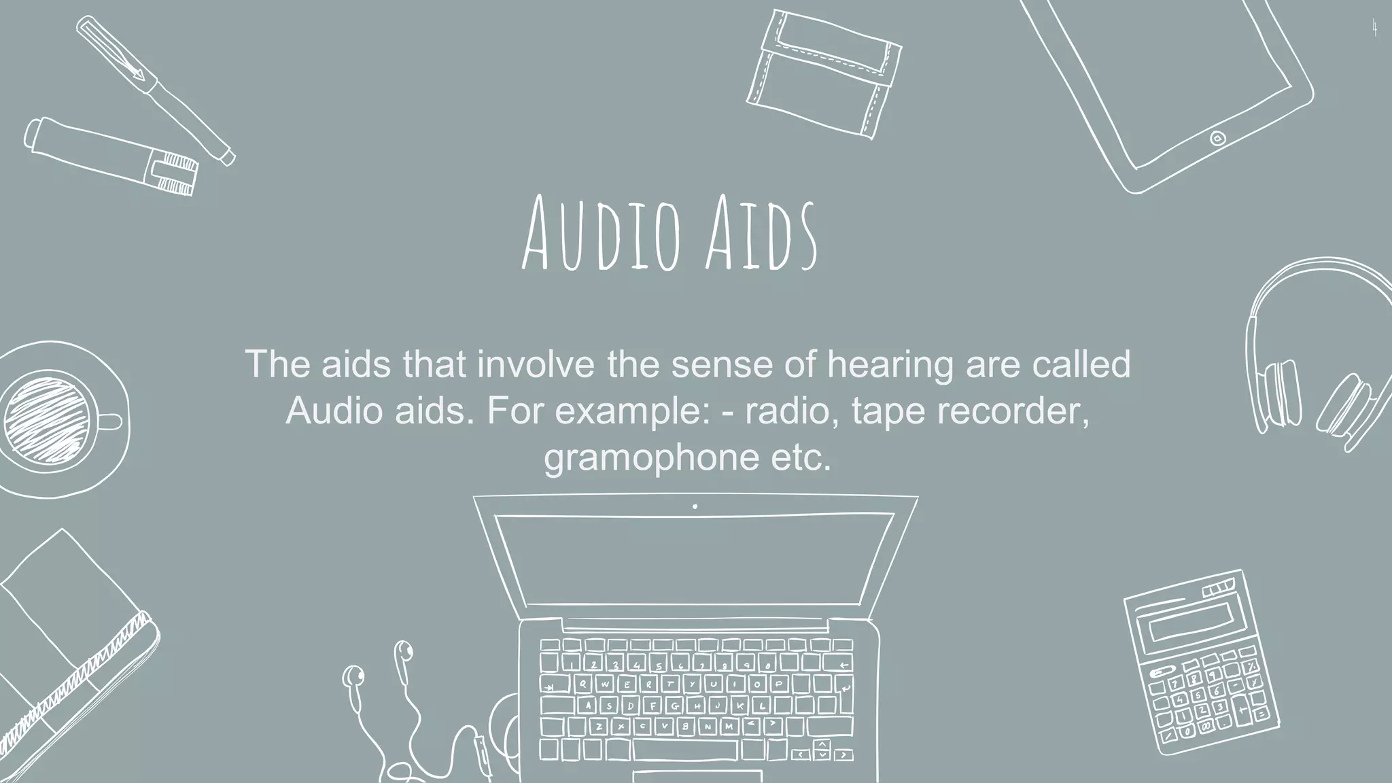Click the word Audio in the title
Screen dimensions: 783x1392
point(601,233)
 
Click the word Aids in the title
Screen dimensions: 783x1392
point(761,233)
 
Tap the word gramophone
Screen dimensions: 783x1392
point(651,457)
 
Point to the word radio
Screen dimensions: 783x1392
point(786,411)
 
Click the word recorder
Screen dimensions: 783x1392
point(1011,411)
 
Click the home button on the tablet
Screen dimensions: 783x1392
point(1217,139)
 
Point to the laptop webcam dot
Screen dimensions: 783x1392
point(695,506)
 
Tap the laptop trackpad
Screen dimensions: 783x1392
point(697,776)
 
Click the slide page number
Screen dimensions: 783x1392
point(1374,29)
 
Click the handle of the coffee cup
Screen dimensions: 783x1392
point(111,422)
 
